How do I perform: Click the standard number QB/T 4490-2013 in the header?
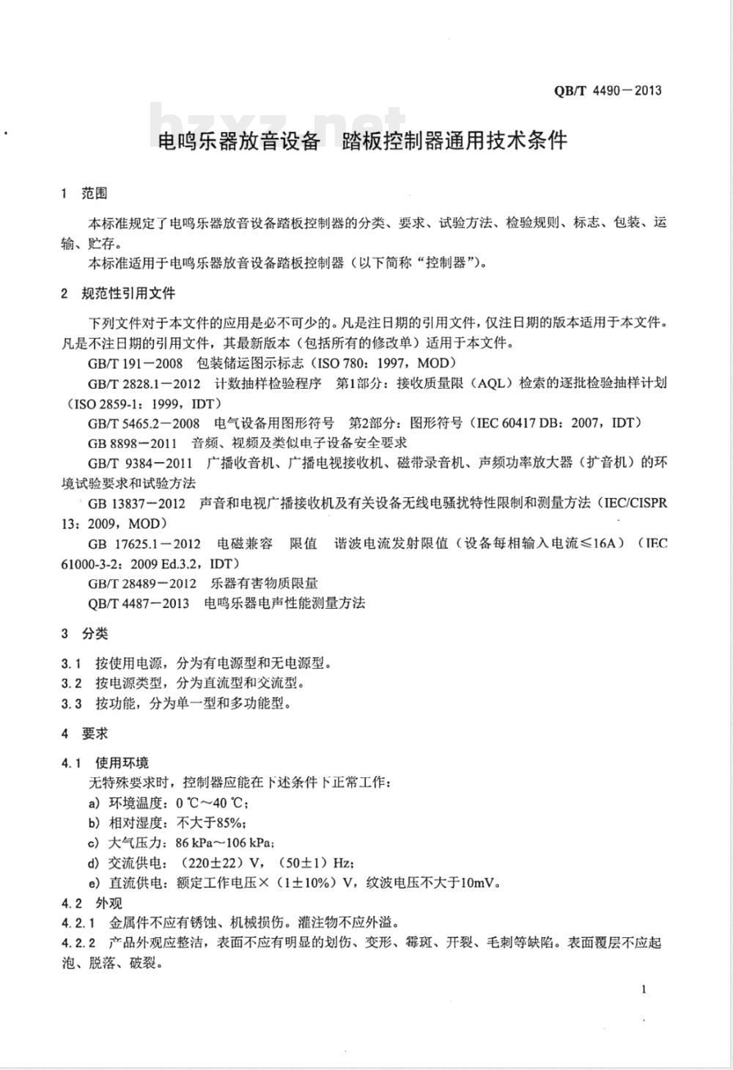click(x=608, y=91)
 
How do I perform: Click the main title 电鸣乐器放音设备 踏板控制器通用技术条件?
click(x=363, y=140)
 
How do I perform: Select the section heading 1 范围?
click(x=85, y=194)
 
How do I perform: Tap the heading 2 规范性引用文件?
click(x=119, y=293)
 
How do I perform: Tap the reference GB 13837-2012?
click(x=136, y=503)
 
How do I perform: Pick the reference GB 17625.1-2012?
click(x=144, y=543)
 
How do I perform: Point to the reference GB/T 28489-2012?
click(x=142, y=583)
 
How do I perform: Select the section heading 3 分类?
click(x=85, y=634)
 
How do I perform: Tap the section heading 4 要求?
click(x=85, y=733)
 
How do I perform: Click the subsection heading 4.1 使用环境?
click(x=106, y=763)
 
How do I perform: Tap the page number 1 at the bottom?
click(x=644, y=989)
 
